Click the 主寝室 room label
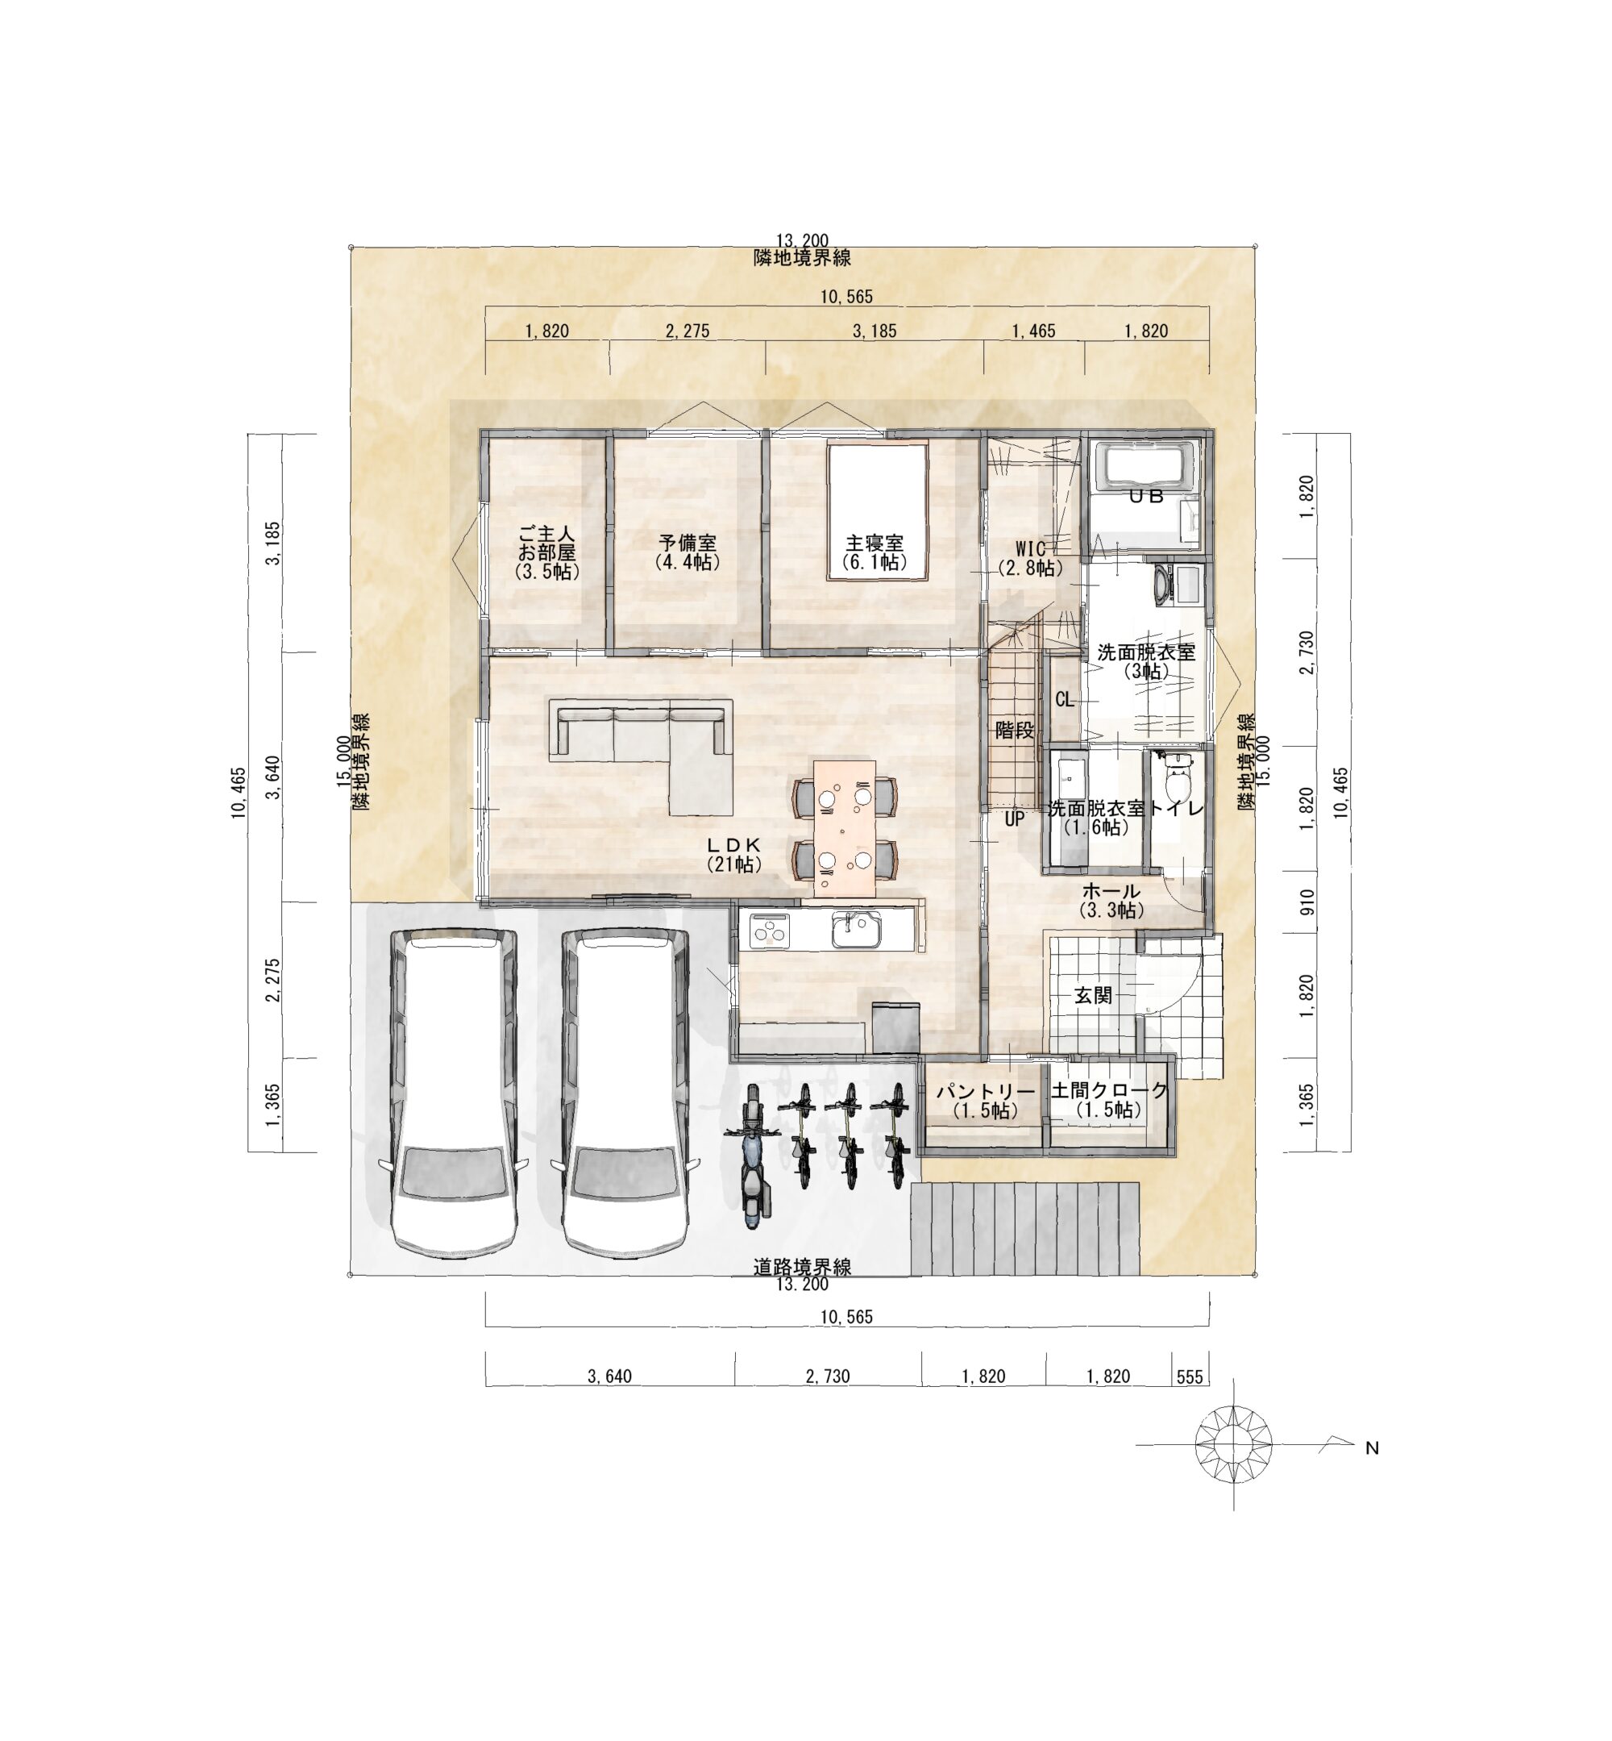(x=874, y=544)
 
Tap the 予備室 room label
(x=688, y=544)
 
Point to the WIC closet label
(x=1030, y=549)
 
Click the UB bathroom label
(x=1146, y=496)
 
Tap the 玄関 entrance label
(x=1092, y=995)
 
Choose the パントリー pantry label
(x=985, y=1092)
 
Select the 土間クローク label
(x=1109, y=1090)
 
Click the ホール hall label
(x=1111, y=891)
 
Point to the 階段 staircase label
(x=1015, y=731)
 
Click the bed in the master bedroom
(x=878, y=512)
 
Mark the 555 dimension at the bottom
(x=1189, y=1377)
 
